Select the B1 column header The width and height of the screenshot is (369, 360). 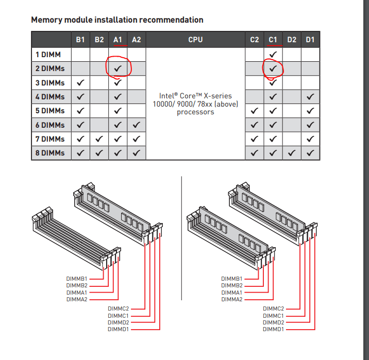[80, 39]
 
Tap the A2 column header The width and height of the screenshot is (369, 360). [136, 39]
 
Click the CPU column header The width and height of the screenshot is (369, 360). [195, 39]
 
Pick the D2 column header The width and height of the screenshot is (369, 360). [292, 39]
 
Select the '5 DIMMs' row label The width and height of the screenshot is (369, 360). [50, 111]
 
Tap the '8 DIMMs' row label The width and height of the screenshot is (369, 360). [50, 153]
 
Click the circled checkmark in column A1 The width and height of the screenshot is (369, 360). [118, 68]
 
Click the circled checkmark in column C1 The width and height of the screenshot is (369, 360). [273, 68]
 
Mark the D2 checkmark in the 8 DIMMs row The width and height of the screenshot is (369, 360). [292, 153]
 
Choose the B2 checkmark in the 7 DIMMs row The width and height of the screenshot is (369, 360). [99, 139]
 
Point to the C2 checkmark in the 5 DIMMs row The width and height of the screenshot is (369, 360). [255, 111]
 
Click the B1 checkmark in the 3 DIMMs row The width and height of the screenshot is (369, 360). [80, 82]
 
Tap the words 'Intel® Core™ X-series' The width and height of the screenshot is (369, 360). [195, 96]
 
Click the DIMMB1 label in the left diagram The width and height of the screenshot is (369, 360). [77, 279]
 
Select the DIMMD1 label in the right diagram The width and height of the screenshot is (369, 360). [273, 329]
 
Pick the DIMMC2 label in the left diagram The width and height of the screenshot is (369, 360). [118, 308]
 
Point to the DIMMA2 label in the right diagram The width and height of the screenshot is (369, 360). [232, 299]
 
